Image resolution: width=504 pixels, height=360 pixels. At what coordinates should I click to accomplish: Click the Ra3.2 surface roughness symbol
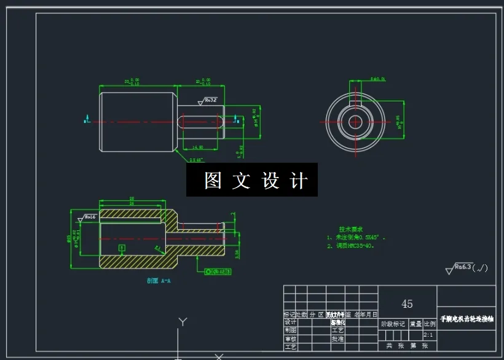[x=209, y=100]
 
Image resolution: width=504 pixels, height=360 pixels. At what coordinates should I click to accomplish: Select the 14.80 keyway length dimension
[x=198, y=147]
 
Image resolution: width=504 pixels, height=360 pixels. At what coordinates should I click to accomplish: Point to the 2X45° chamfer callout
[x=196, y=160]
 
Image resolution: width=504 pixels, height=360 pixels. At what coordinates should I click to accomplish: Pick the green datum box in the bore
[x=122, y=248]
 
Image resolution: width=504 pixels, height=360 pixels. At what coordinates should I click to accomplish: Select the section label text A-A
[x=159, y=281]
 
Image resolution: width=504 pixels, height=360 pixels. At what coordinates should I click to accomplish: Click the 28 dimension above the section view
[x=132, y=198]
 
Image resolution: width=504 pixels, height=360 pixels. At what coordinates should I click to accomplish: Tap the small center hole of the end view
[x=355, y=121]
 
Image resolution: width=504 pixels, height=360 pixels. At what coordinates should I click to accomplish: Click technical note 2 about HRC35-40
[x=351, y=245]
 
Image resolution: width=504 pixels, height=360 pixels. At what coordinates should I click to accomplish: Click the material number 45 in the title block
[x=407, y=304]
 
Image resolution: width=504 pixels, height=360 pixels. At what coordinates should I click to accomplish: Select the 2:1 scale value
[x=428, y=335]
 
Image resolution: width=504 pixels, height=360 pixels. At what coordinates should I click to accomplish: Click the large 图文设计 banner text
[x=253, y=180]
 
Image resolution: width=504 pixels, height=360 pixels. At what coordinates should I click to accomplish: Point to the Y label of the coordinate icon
[x=181, y=321]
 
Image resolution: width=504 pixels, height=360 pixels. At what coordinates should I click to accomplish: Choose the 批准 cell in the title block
[x=337, y=338]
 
